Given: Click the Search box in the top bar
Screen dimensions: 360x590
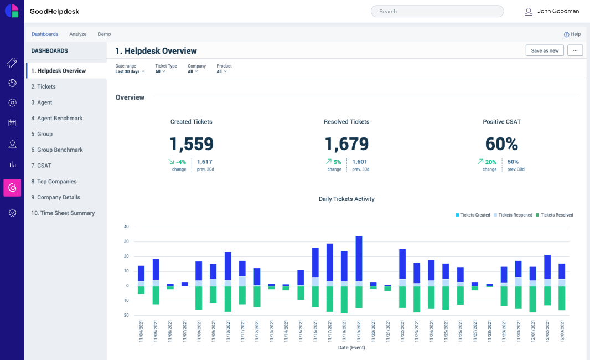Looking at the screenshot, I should click(437, 11).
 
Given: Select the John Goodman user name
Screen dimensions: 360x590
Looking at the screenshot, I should click(558, 11).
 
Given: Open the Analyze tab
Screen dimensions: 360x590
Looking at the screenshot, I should click(78, 34).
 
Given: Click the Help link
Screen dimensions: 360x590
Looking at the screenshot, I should click(572, 34).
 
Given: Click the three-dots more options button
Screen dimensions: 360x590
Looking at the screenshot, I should click(575, 50).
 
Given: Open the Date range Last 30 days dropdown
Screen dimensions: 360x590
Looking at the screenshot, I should click(130, 71).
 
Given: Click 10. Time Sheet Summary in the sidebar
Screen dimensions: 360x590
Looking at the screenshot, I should click(63, 213).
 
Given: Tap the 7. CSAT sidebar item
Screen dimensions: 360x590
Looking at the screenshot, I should click(41, 166).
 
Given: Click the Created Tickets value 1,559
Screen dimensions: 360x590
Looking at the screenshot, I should click(192, 144).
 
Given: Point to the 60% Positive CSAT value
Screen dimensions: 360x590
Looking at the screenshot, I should click(501, 144).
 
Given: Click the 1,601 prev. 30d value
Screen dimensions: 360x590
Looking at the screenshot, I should click(360, 162).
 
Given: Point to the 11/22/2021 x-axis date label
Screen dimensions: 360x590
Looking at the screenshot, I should click(402, 331).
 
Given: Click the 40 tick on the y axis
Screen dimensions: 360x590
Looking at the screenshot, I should click(126, 227).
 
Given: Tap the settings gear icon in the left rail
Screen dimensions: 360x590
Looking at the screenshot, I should click(12, 213).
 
